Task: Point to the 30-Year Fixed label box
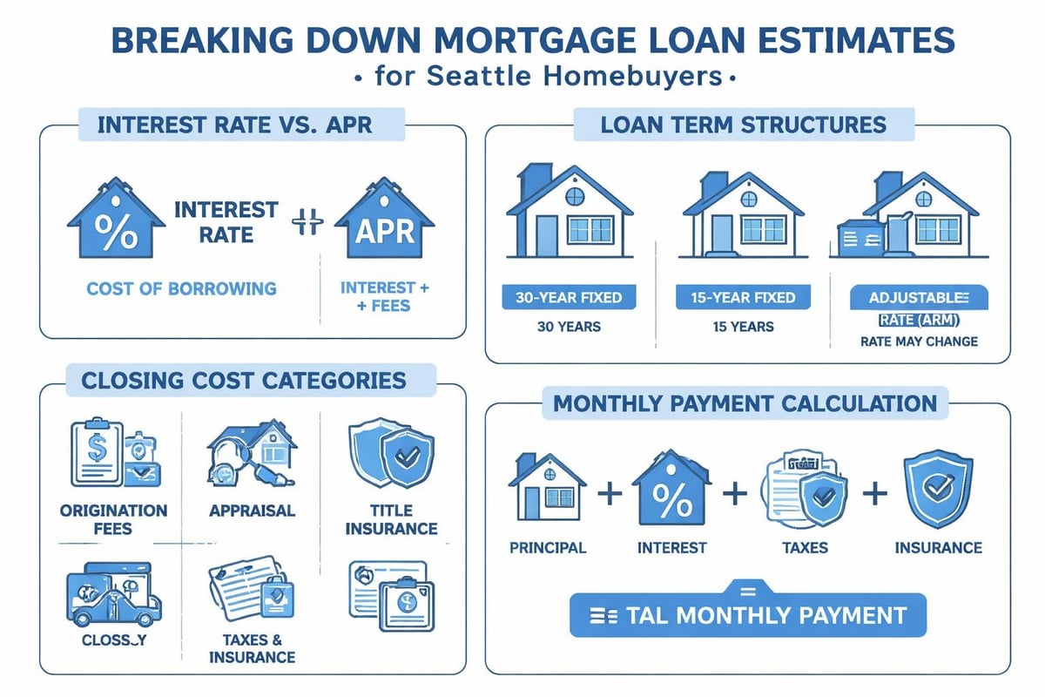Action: [x=570, y=297]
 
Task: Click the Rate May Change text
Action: [x=918, y=342]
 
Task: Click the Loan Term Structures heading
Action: [x=744, y=124]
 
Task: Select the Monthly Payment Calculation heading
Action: [x=746, y=403]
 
